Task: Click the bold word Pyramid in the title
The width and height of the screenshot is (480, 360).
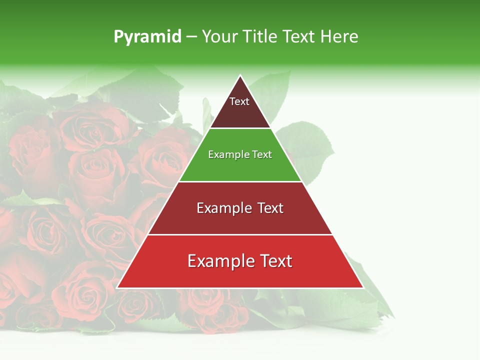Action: (147, 37)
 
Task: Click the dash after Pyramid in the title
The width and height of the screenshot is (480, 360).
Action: (191, 37)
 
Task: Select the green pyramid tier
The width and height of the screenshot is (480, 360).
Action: (240, 167)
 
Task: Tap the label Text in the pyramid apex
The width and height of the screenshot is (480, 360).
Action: (239, 101)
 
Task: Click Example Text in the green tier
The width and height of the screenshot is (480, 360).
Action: (240, 154)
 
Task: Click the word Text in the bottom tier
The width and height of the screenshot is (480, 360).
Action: (274, 261)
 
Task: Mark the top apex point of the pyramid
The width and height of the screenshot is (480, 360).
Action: (240, 76)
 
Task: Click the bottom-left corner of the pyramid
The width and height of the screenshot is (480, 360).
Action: (117, 287)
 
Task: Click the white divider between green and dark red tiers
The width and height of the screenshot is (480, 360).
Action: (240, 181)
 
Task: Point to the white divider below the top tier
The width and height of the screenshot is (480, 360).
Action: (240, 128)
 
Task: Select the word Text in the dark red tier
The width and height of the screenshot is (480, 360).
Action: (269, 208)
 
